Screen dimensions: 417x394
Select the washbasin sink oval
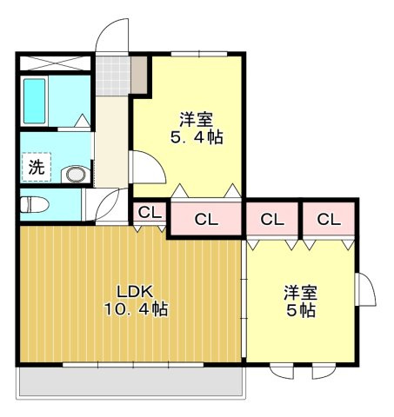click(77, 175)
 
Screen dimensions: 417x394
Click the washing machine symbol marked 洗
click(37, 168)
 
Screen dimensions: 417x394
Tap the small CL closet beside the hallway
click(149, 212)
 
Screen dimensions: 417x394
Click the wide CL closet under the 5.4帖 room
click(206, 220)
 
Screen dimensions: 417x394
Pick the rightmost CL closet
click(328, 220)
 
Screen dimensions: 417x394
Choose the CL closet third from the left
click(272, 220)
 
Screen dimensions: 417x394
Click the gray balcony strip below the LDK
click(130, 381)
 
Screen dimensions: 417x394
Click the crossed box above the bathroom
click(54, 63)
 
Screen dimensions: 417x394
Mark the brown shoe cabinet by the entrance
click(139, 76)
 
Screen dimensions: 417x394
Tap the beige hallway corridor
click(110, 139)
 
